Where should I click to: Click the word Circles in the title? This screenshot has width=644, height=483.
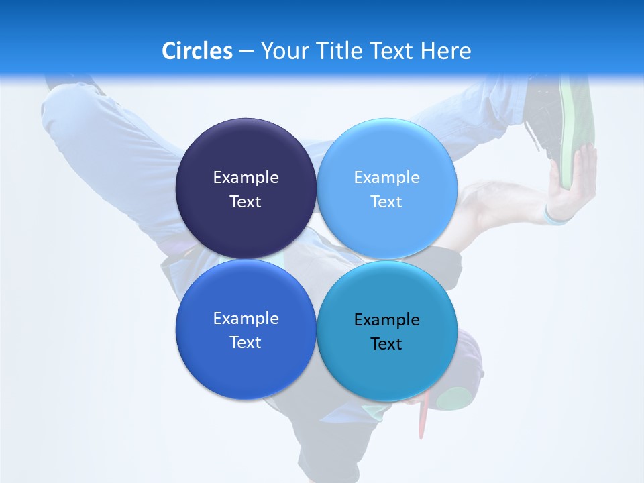point(197,51)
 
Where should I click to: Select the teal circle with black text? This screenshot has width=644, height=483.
point(386,369)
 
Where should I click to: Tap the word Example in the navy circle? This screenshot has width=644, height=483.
point(246,178)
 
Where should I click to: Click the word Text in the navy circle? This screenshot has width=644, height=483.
point(246,202)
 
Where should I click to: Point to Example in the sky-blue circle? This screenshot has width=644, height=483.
point(386,178)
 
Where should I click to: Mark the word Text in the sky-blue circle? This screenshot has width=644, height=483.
point(386,202)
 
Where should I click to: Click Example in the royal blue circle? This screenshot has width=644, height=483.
point(246,319)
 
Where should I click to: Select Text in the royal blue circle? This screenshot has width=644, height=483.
point(246,343)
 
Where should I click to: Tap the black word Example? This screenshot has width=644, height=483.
point(386,320)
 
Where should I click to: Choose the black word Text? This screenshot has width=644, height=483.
point(386,344)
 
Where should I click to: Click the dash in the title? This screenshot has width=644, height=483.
point(246,52)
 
